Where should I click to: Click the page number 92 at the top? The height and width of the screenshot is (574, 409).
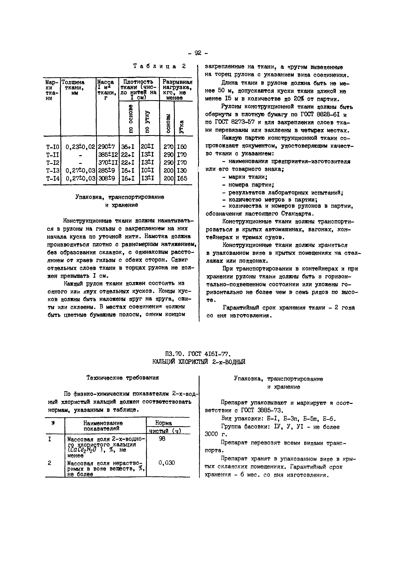pos(198,53)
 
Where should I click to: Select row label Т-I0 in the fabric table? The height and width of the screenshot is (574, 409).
pos(53,147)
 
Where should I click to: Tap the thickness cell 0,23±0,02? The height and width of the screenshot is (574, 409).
pos(80,147)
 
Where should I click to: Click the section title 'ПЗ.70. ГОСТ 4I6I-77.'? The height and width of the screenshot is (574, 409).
pos(198,354)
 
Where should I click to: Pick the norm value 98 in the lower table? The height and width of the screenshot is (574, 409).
pos(162,439)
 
